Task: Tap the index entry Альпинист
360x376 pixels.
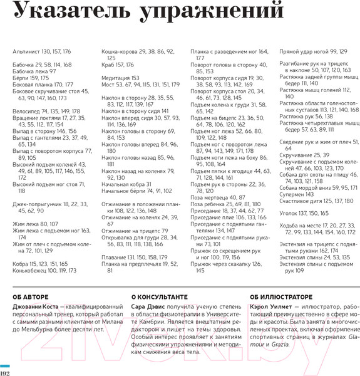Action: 26,51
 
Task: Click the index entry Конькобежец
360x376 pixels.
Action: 29,253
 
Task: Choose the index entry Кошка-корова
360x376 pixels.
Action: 119,51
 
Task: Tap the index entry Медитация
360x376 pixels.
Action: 115,78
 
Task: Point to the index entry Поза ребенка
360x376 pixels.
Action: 208,205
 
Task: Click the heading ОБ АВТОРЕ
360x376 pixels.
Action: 31,280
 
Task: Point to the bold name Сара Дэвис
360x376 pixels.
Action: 148,290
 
